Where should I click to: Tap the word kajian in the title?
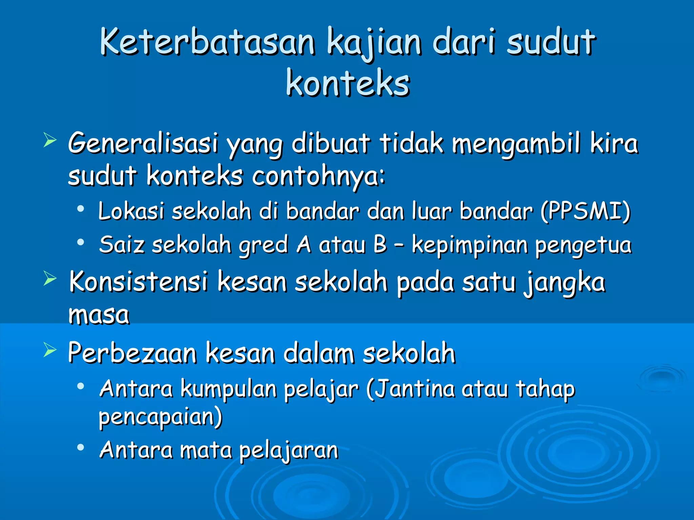point(374,43)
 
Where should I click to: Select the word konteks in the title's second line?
point(348,83)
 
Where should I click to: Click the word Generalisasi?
point(143,143)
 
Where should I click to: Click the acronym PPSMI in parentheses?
point(585,211)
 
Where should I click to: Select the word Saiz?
point(122,244)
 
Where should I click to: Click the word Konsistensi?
point(138,282)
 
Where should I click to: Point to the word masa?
point(99,315)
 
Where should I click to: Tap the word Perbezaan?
point(132,353)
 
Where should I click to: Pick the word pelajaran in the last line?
point(289,451)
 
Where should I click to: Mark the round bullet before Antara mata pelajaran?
point(80,448)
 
